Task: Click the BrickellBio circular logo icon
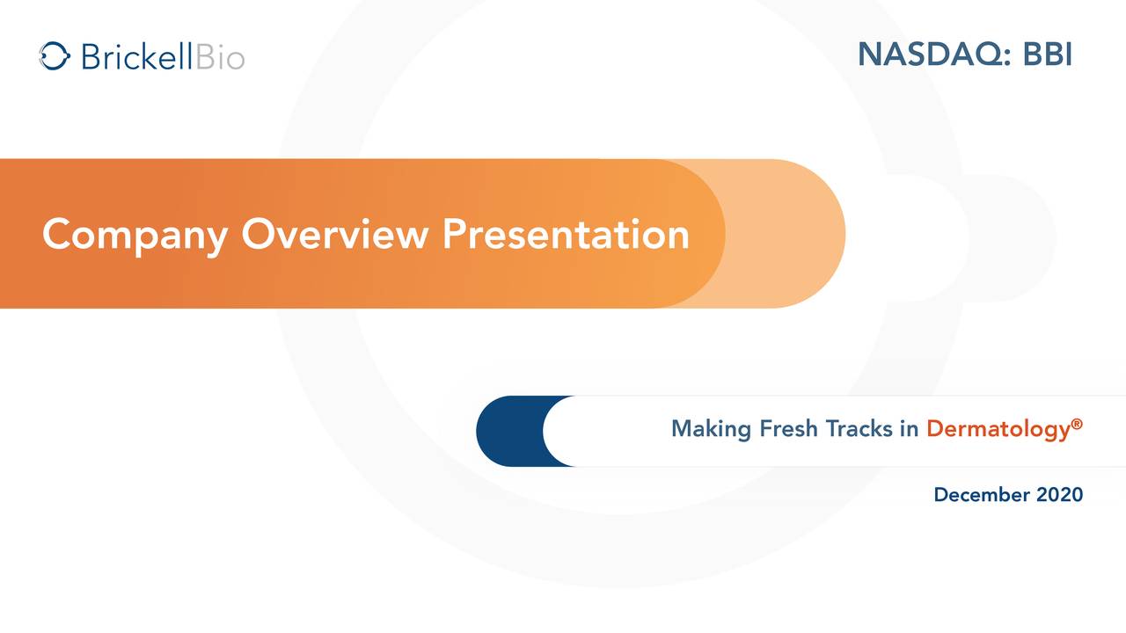(x=55, y=56)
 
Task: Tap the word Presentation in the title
(x=565, y=235)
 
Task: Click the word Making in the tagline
(x=711, y=429)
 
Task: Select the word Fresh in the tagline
(x=789, y=429)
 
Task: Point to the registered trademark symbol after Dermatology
(x=1077, y=424)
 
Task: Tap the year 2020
(x=1059, y=495)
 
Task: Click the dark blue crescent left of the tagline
(x=505, y=431)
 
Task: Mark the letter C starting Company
(x=56, y=235)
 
